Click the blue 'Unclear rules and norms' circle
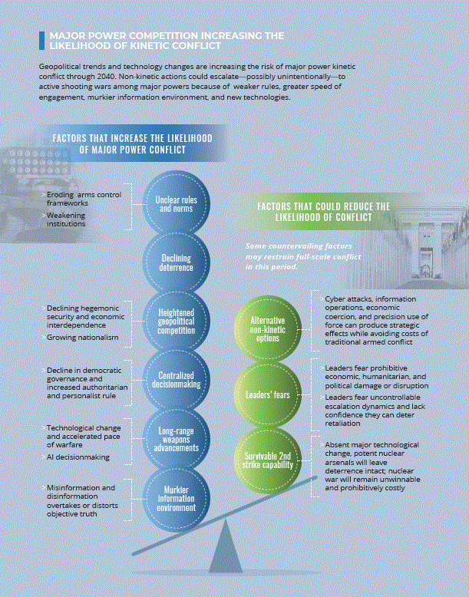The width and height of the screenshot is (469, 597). (176, 203)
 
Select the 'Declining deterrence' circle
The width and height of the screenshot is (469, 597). (176, 262)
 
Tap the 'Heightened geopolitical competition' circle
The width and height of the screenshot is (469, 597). (176, 322)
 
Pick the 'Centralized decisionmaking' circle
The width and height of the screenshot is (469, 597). (176, 380)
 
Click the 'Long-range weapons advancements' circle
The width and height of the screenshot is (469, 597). (176, 439)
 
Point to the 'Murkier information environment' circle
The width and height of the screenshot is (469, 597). (176, 499)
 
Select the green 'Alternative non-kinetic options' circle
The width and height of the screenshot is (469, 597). (267, 330)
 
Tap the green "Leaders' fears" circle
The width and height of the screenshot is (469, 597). (267, 395)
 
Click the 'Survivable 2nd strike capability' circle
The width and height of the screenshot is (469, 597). (267, 460)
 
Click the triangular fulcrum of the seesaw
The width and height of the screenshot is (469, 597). (226, 547)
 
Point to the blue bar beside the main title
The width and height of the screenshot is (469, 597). (41, 41)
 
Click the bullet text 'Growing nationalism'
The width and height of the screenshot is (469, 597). (82, 338)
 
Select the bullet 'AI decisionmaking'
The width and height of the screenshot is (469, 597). (78, 457)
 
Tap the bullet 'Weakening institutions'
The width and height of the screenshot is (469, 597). (66, 219)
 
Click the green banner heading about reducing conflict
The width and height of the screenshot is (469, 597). (323, 212)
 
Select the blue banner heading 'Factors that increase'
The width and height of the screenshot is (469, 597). (133, 143)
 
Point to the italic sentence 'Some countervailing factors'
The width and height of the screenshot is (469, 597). (303, 256)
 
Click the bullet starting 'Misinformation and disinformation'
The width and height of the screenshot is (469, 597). (82, 500)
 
